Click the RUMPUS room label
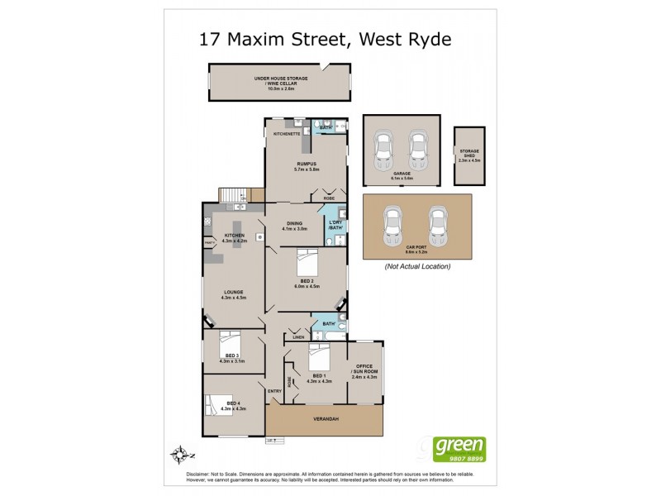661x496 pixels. tap(307, 165)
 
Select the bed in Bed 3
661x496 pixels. tap(230, 341)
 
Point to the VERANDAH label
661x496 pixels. tap(324, 419)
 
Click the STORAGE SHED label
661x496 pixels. tap(468, 152)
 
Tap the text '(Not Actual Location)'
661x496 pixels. tap(417, 267)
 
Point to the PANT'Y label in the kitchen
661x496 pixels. tap(209, 242)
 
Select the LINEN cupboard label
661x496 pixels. tap(298, 337)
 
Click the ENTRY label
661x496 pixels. tap(274, 391)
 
